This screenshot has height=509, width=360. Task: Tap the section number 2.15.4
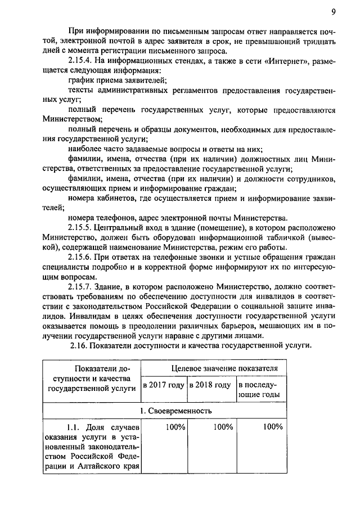point(80,61)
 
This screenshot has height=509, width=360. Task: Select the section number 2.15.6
point(80,258)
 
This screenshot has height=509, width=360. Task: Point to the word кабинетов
point(116,197)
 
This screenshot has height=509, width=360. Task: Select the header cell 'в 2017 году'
point(163,385)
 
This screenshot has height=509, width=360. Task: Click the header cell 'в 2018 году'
point(210,385)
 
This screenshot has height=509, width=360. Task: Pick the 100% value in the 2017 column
point(176,427)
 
